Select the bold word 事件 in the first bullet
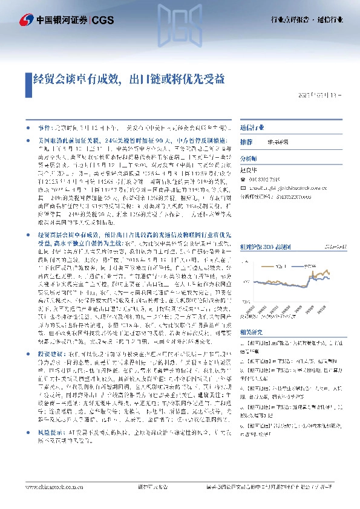[x=44, y=128]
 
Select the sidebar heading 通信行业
[x=252, y=128]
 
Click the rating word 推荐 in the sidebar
[x=246, y=141]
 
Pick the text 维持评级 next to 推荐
[x=278, y=141]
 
